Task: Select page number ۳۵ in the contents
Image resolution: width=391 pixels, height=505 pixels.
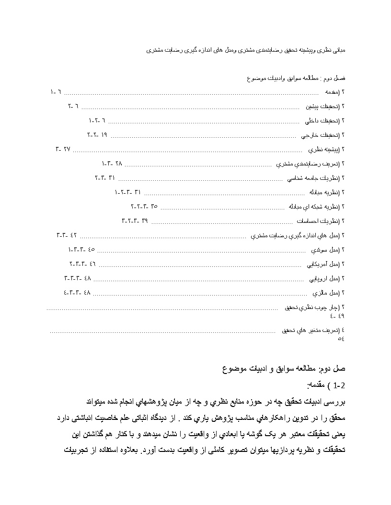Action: [x=154, y=206]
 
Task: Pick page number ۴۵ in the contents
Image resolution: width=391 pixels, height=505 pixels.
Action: [x=92, y=249]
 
